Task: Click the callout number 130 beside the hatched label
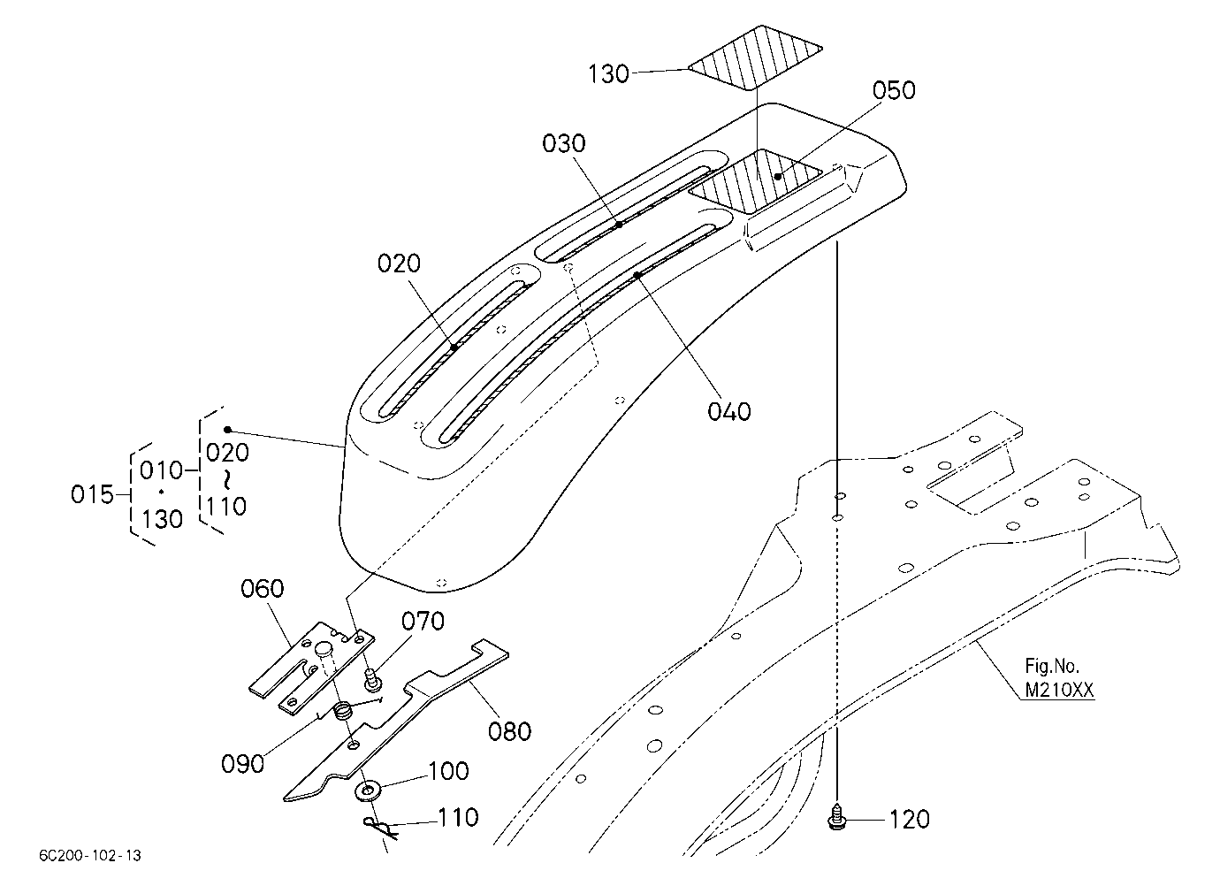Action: pos(608,73)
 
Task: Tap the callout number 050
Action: pos(894,90)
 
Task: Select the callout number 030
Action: pos(564,143)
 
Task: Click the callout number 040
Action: pos(729,411)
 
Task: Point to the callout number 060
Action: pos(263,589)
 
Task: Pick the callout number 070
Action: pos(423,622)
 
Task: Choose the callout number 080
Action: pos(509,732)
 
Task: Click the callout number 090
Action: pos(243,764)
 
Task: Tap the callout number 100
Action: pos(448,771)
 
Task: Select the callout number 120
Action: pos(910,820)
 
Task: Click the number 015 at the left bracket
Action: pos(92,495)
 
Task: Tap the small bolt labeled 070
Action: pos(373,681)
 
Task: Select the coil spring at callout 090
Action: pos(342,711)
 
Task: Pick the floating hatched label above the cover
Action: pos(755,57)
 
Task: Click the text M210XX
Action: pos(1059,691)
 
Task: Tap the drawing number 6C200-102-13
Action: pos(90,855)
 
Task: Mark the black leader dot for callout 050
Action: pos(778,177)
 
